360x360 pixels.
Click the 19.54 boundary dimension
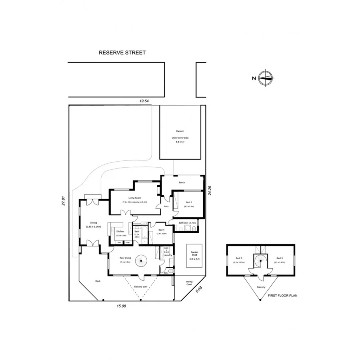(x=144, y=101)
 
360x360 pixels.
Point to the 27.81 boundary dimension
(x=63, y=201)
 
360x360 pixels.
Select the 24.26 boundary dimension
(x=209, y=190)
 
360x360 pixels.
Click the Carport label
(x=179, y=131)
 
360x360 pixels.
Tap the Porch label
(x=182, y=183)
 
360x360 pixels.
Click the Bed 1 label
(x=189, y=202)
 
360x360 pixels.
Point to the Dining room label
(x=93, y=223)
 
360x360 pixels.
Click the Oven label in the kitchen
(x=119, y=242)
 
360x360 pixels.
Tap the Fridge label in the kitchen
(x=128, y=242)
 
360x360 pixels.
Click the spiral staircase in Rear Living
(x=140, y=262)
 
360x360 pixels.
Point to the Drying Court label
(x=190, y=283)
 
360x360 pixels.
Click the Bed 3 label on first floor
(x=278, y=258)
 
